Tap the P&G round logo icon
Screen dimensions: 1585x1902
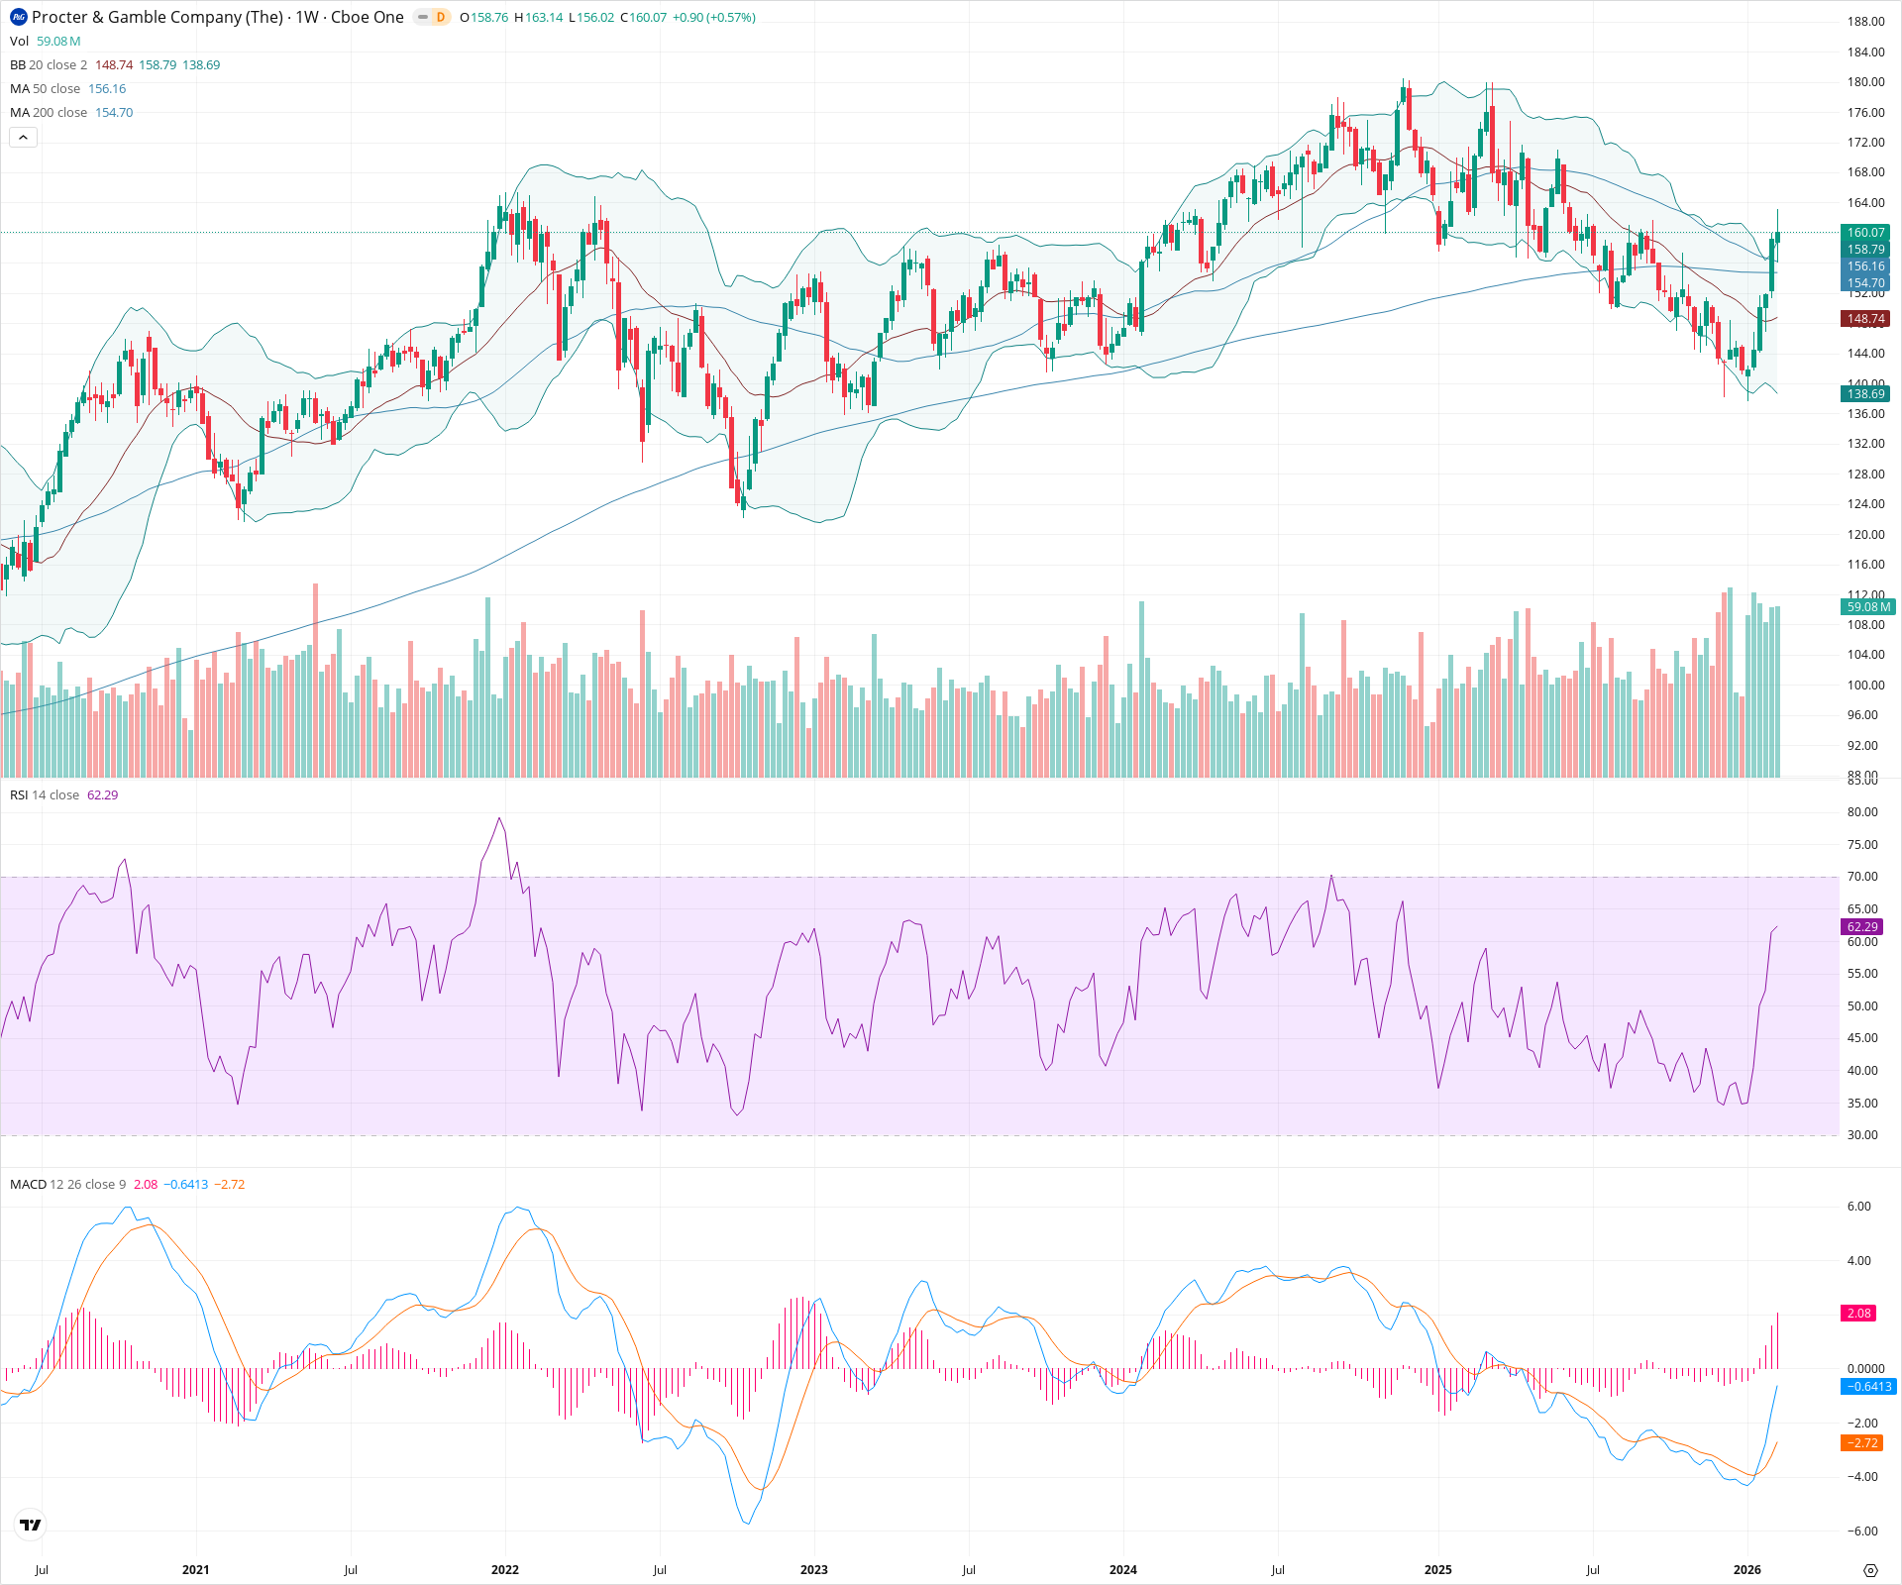pyautogui.click(x=19, y=17)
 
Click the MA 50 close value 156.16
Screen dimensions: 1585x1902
pyautogui.click(x=107, y=89)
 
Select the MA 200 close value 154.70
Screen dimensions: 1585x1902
pyautogui.click(x=114, y=113)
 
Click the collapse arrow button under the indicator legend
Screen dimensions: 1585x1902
pyautogui.click(x=24, y=138)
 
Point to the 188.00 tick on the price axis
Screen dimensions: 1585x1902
pyautogui.click(x=1865, y=22)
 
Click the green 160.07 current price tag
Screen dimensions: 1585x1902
pyautogui.click(x=1865, y=233)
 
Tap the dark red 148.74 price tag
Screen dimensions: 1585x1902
pyautogui.click(x=1865, y=319)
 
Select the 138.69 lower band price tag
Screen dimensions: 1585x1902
pyautogui.click(x=1865, y=394)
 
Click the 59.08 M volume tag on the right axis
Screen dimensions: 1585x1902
pyautogui.click(x=1868, y=607)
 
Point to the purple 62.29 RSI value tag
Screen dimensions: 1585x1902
pyautogui.click(x=1862, y=927)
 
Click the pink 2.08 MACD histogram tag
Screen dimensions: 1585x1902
pyautogui.click(x=1858, y=1314)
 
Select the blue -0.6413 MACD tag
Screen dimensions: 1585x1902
pyautogui.click(x=1867, y=1387)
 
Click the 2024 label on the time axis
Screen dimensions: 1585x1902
pyautogui.click(x=1122, y=1570)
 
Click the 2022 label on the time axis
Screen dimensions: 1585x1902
pyautogui.click(x=504, y=1570)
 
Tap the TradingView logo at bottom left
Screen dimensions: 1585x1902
pyautogui.click(x=31, y=1525)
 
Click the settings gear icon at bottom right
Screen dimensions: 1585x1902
pyautogui.click(x=1870, y=1571)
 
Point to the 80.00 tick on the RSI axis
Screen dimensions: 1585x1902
pyautogui.click(x=1862, y=812)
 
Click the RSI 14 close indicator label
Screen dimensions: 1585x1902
pyautogui.click(x=45, y=795)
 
